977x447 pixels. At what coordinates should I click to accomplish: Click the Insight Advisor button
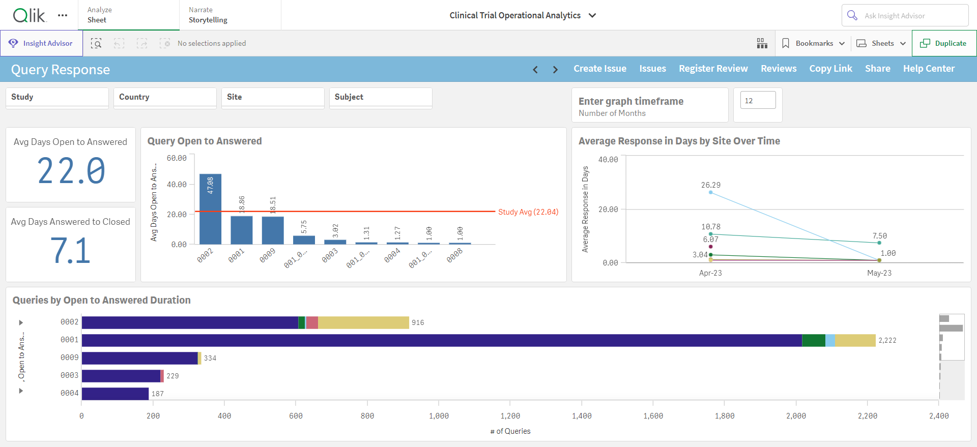(x=41, y=43)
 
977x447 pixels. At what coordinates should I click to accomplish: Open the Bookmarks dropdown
(x=813, y=43)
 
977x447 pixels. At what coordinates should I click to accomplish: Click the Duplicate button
(x=944, y=43)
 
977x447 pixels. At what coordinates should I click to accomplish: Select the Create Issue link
(x=600, y=69)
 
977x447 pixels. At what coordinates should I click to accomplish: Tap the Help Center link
(x=929, y=69)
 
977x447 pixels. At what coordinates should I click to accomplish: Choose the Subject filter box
(x=381, y=98)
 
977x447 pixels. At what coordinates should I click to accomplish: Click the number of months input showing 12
(x=758, y=100)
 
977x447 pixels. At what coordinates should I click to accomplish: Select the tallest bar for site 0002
(x=210, y=209)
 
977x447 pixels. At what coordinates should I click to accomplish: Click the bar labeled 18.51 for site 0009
(x=273, y=230)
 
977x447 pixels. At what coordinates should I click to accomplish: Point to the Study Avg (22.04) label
(x=528, y=212)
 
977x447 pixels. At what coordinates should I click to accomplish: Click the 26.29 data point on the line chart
(x=711, y=192)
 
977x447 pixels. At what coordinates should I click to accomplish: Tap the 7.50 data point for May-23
(x=879, y=243)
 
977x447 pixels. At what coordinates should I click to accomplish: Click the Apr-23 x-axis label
(x=710, y=273)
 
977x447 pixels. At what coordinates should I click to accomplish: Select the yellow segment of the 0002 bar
(x=363, y=322)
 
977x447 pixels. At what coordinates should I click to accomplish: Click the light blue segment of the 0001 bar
(x=830, y=340)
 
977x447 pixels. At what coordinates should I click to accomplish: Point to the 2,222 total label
(x=887, y=341)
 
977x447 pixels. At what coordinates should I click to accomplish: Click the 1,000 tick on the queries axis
(x=439, y=416)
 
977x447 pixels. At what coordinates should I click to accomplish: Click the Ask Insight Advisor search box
(x=905, y=16)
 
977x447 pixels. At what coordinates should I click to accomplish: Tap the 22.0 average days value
(x=71, y=171)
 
